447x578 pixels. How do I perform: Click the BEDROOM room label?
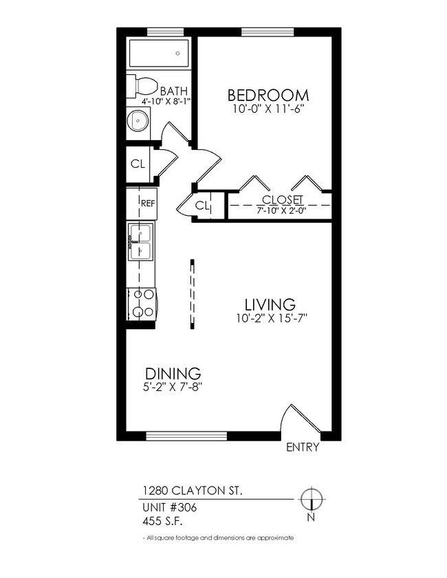pyautogui.click(x=268, y=95)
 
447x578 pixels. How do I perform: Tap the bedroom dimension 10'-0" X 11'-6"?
pyautogui.click(x=268, y=109)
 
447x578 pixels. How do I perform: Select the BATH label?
pyautogui.click(x=175, y=91)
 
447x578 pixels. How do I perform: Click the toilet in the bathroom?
pyautogui.click(x=144, y=86)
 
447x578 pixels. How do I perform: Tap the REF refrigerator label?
pyautogui.click(x=148, y=203)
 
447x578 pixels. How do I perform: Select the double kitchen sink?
pyautogui.click(x=140, y=242)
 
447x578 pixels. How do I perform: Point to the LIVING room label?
pyautogui.click(x=270, y=304)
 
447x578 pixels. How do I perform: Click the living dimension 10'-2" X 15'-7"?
pyautogui.click(x=270, y=318)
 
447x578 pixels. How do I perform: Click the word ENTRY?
pyautogui.click(x=303, y=447)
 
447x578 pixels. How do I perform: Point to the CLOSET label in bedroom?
pyautogui.click(x=279, y=199)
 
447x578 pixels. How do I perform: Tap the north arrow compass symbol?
pyautogui.click(x=312, y=500)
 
